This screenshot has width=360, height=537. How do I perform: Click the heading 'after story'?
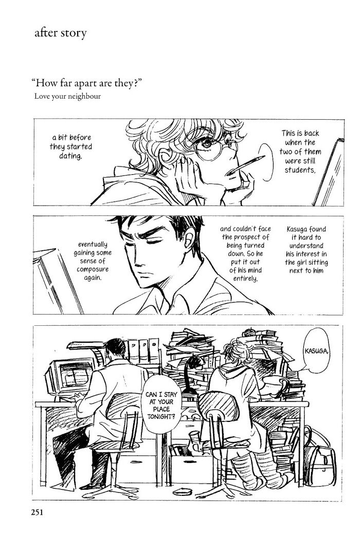(60, 33)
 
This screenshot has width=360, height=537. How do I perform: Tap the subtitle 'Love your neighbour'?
(67, 96)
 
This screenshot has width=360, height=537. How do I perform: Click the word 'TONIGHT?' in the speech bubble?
(161, 417)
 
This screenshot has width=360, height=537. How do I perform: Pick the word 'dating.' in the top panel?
(70, 156)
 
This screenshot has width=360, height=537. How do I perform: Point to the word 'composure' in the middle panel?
(93, 269)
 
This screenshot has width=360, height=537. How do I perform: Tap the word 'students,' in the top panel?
(300, 170)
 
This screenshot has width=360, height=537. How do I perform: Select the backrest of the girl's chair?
(218, 407)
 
